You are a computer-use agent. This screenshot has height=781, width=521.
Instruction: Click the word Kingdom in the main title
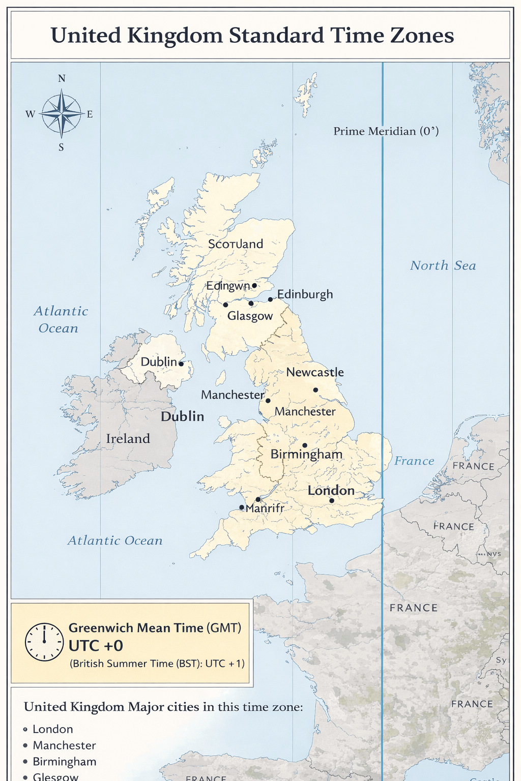coord(175,36)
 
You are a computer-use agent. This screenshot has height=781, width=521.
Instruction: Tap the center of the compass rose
coord(61,114)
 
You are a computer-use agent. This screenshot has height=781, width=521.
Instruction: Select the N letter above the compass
coord(62,78)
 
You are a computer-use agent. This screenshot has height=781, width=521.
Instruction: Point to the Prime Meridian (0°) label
coord(386,131)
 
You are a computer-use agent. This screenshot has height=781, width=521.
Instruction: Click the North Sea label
coord(443,265)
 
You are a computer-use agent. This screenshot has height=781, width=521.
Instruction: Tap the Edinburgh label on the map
coord(305,294)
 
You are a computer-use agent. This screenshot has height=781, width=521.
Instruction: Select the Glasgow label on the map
coord(250,316)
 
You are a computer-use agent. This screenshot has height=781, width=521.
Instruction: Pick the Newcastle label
coord(315,372)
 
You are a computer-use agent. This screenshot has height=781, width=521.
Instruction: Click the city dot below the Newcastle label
coord(315,390)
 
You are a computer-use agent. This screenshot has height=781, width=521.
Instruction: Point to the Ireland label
coord(128,439)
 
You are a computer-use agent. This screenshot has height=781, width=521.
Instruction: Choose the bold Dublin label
coord(182,416)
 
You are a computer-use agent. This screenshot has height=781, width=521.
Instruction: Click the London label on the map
coord(331,491)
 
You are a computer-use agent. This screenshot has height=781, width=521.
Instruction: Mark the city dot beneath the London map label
coord(332,501)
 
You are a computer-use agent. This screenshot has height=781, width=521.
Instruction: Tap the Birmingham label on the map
coord(306,455)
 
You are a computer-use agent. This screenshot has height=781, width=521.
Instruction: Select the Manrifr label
coord(265,508)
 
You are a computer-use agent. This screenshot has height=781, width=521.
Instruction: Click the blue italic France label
coord(414,461)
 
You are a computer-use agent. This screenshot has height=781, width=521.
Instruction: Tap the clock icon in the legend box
coord(44,642)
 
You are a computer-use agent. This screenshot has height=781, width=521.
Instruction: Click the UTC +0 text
coord(96,646)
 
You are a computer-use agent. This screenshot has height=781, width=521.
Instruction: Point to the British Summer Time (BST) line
coord(157,664)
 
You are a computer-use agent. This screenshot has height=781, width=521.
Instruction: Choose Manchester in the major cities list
coord(64,745)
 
